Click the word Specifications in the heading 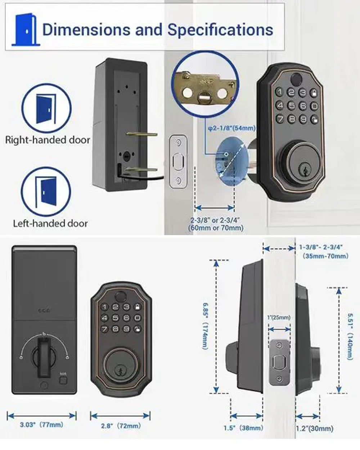pos(220,30)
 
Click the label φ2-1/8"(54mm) pos(232,128)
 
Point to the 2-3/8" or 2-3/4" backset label pos(215,224)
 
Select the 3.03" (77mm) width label pos(41,425)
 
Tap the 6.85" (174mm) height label pos(205,325)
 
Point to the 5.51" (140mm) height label pos(349,336)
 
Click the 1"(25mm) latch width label pos(279,317)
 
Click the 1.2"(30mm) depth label pos(314,428)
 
